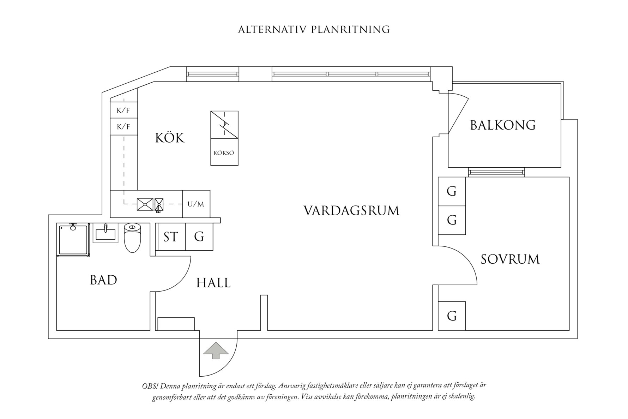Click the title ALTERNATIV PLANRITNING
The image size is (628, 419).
tap(314, 30)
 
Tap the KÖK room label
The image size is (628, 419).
tap(170, 138)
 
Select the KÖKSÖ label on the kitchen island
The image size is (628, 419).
tap(224, 153)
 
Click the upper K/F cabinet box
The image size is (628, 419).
tap(123, 110)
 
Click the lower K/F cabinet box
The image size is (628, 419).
tap(123, 127)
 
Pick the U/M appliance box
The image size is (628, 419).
tap(196, 204)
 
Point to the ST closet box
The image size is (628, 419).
tap(170, 237)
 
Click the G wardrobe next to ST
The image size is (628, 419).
tap(199, 237)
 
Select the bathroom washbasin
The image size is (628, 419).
tap(105, 233)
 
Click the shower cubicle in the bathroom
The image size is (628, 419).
tap(73, 240)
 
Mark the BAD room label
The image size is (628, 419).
tap(103, 280)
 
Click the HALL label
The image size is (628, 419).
tap(213, 283)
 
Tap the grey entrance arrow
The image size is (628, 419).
tap(216, 350)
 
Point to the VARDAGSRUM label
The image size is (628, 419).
tap(351, 211)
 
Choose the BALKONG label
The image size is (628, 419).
tap(502, 125)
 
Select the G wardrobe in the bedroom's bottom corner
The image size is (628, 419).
tap(452, 316)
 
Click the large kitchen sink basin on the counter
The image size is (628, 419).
tap(145, 204)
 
